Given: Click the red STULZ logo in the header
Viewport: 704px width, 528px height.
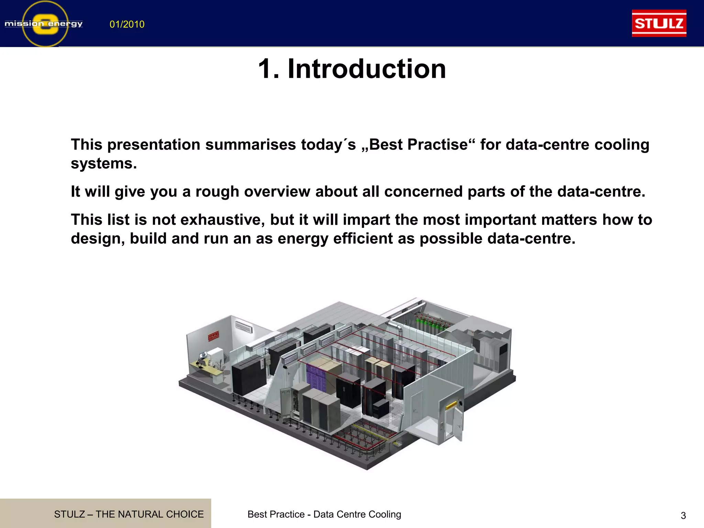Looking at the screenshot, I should coord(659,23).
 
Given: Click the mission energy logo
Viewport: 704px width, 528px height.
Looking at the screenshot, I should coord(44,24).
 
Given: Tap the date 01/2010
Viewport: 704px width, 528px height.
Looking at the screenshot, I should coord(127,24).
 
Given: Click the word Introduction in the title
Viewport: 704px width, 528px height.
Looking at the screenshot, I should coord(366,69).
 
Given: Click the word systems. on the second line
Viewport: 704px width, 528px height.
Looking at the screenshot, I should coord(104,164).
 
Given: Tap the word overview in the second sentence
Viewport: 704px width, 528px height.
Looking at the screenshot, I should coord(277,192).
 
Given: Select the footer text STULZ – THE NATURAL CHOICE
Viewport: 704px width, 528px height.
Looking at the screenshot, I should coord(129,514).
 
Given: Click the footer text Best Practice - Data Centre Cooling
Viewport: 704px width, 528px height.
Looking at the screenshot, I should coord(324,514).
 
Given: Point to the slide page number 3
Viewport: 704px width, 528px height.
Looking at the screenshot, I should coord(683,516).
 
